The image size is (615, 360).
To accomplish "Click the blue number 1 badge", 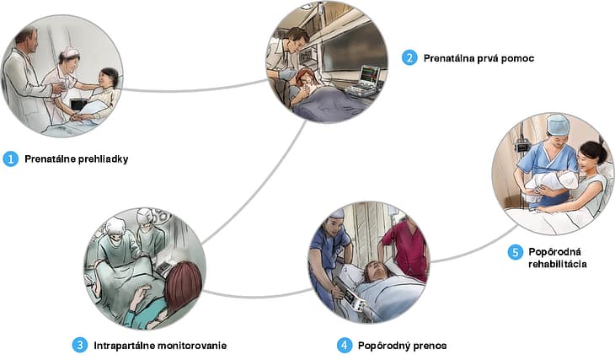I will (11, 159).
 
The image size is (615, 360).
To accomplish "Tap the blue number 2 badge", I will (409, 58).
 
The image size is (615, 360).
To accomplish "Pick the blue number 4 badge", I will (344, 345).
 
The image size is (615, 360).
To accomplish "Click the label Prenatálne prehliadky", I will (77, 159).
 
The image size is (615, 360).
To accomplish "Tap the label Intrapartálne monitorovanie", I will (160, 345).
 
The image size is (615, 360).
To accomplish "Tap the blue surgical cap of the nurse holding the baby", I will (558, 125).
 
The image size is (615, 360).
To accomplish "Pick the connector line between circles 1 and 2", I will (194, 88).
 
